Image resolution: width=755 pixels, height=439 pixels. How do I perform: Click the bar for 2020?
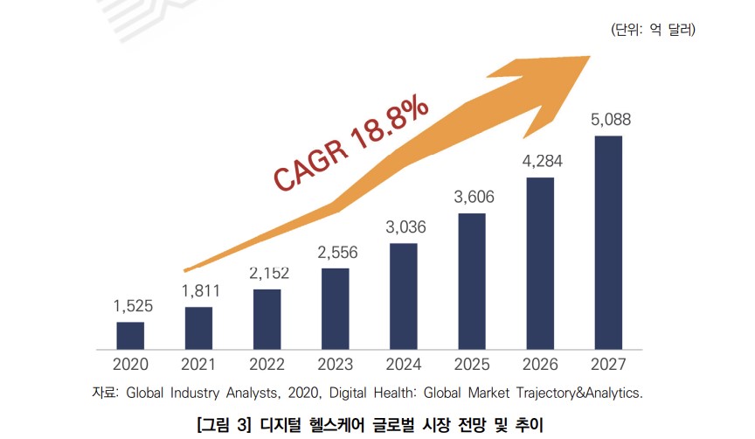130,335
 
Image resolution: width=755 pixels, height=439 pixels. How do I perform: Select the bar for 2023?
336,308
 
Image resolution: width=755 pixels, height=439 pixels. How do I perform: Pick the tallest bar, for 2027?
608,242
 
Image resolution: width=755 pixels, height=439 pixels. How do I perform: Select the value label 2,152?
267,273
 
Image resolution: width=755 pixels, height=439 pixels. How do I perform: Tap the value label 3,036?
404,227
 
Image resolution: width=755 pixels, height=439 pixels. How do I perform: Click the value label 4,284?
540,161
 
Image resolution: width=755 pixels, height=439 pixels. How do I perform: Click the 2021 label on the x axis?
198,365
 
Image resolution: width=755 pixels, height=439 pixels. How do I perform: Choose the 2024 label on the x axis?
404,365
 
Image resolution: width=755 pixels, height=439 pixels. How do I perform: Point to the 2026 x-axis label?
540,365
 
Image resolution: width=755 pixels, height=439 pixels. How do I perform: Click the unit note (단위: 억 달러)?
653,30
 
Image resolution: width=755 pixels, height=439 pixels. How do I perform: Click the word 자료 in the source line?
108,393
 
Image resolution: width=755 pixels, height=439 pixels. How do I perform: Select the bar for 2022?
267,318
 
